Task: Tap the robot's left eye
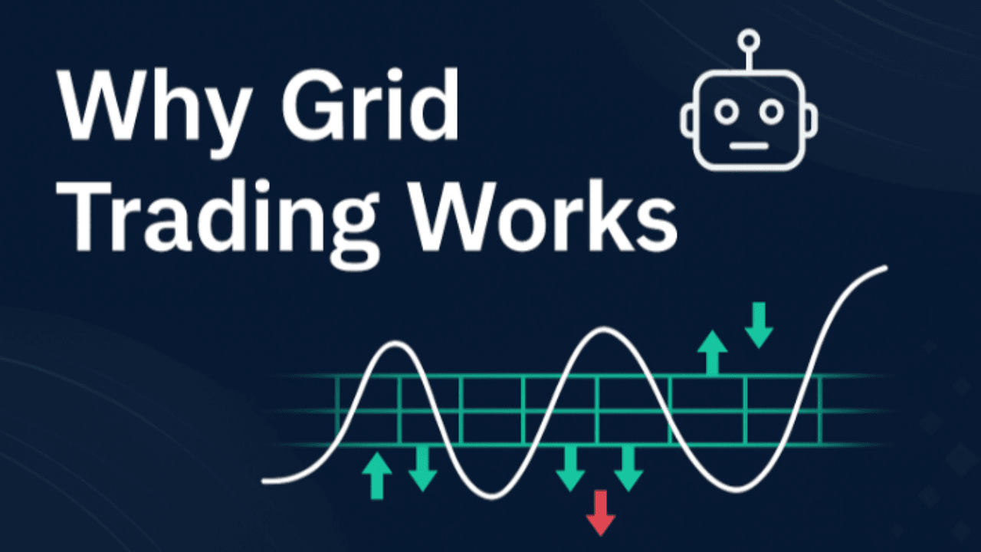point(725,112)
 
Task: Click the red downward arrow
point(601,512)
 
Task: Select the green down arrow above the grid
point(759,324)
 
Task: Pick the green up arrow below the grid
point(376,475)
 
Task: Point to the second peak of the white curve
point(605,330)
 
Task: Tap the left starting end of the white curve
point(265,481)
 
